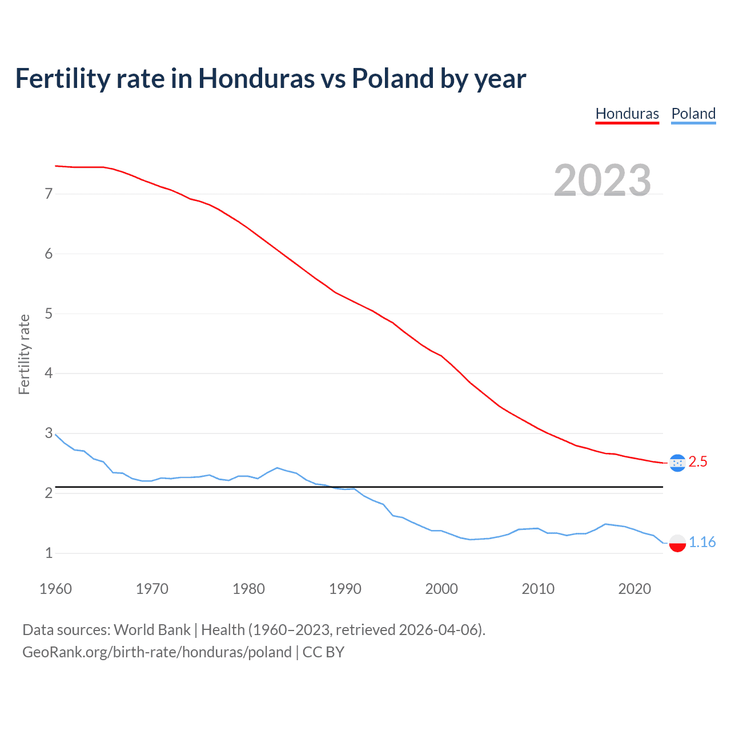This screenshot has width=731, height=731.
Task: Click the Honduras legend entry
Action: click(x=627, y=114)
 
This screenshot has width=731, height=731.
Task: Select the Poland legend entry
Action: click(x=693, y=114)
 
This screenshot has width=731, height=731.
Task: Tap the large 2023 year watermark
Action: click(x=603, y=180)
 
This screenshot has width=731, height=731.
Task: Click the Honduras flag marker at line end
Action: click(x=677, y=463)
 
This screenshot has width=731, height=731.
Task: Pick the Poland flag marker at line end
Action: click(x=677, y=543)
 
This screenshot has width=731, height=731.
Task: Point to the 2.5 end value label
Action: click(x=698, y=462)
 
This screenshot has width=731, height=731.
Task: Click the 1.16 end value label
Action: click(x=702, y=542)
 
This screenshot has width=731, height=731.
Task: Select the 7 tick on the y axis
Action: click(x=49, y=194)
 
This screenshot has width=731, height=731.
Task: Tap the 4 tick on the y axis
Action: click(x=49, y=373)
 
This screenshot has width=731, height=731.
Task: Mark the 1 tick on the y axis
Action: click(x=49, y=553)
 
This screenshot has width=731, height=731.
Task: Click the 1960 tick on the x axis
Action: click(x=55, y=589)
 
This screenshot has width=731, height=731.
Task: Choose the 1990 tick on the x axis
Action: click(x=345, y=589)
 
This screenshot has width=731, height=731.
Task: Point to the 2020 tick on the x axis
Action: click(x=634, y=589)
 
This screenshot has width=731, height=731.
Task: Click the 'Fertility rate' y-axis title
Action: click(x=24, y=354)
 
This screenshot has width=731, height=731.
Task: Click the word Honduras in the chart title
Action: click(x=256, y=78)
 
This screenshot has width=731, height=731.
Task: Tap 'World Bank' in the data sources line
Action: click(x=152, y=630)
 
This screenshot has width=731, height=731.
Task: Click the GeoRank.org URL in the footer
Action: click(x=157, y=652)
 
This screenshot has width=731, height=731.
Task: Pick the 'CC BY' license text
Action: click(x=323, y=652)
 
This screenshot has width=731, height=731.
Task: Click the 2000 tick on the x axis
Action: click(x=441, y=589)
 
